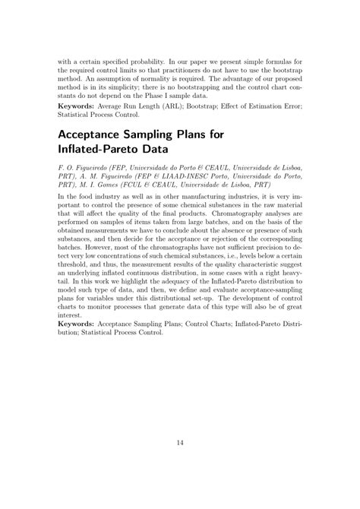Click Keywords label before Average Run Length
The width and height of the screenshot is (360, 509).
77,108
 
